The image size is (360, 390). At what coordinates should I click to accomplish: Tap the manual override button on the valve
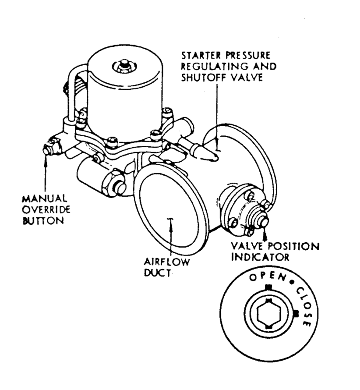[49, 149]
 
